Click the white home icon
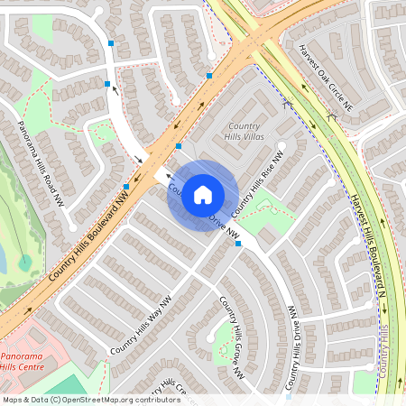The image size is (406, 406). click(203, 194)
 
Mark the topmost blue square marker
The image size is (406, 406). click(111, 42)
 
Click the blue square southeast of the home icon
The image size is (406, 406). click(238, 244)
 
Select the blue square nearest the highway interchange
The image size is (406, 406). click(209, 76)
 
